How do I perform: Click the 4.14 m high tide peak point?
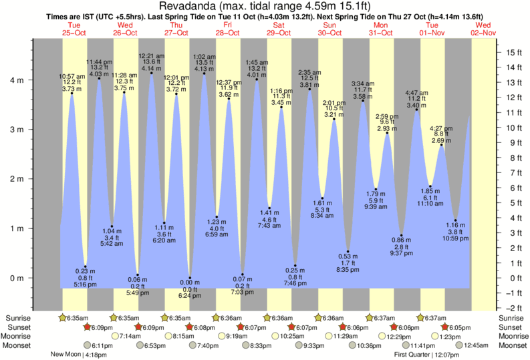(x=152, y=73)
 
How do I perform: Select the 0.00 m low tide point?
(x=190, y=278)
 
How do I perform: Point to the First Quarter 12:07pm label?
(x=420, y=355)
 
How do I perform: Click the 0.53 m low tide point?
(x=348, y=252)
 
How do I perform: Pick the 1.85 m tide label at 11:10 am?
(x=430, y=196)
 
